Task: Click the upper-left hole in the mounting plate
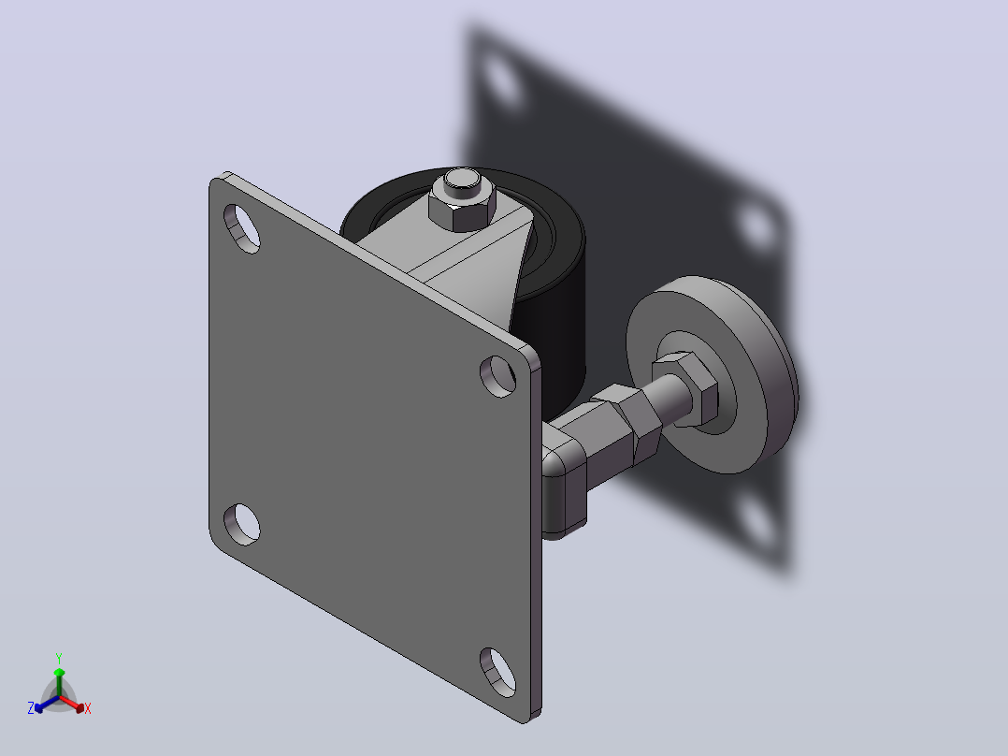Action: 241,228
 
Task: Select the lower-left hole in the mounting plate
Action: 241,524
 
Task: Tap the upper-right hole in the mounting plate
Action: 498,376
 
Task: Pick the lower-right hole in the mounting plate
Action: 498,673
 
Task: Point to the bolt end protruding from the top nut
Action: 461,182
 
